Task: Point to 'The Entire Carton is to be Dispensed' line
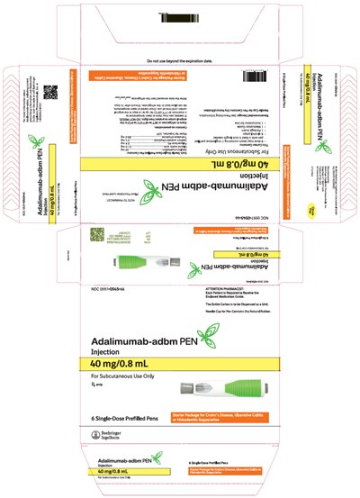220,334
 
